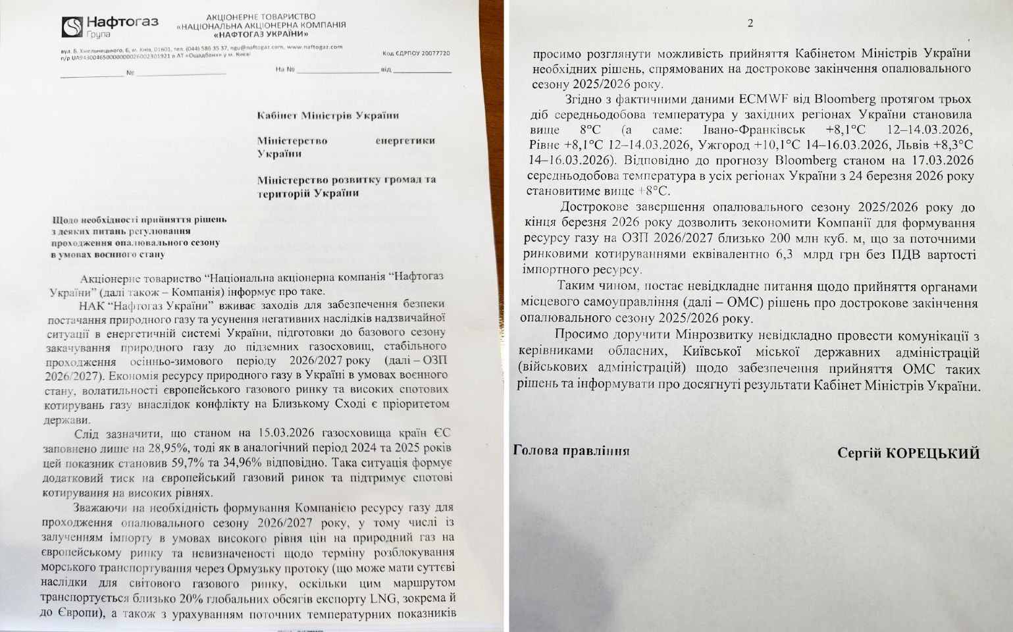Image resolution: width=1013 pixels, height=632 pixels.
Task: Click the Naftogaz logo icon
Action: pos(72,27)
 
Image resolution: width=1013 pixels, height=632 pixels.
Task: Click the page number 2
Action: pos(750,23)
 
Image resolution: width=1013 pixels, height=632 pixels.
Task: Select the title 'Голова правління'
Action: pos(571,451)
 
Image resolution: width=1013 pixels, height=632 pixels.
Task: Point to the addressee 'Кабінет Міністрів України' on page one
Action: pos(328,116)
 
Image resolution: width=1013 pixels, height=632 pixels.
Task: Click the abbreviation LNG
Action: pos(383,599)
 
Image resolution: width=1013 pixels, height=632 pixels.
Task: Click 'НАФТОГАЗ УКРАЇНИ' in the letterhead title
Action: pos(261,34)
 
